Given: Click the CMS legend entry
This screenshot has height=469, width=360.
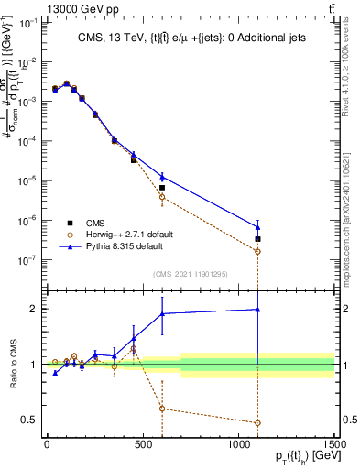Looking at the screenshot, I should point(96,223).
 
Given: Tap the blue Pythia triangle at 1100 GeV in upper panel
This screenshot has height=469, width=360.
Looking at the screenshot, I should point(257,227).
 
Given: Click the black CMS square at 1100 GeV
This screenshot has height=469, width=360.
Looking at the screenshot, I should point(257,239).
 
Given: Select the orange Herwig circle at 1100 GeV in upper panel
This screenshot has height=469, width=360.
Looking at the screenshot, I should point(257,251).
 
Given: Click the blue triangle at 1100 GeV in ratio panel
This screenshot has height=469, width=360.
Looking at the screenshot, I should point(257,310).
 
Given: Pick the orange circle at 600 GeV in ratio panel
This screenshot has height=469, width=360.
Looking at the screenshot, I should point(162,409).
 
